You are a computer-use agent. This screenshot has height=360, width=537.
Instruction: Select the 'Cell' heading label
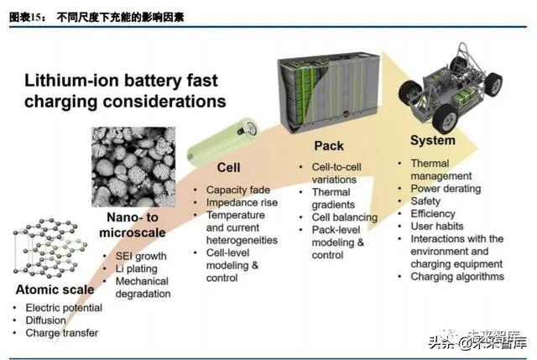pyautogui.click(x=227, y=168)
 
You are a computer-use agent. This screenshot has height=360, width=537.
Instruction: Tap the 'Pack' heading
pyautogui.click(x=329, y=146)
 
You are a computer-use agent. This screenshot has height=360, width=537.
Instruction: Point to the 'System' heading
pyautogui.click(x=433, y=140)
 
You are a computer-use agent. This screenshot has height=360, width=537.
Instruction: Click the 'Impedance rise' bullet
pyautogui.click(x=243, y=202)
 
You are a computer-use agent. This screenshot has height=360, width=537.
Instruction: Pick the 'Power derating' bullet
pyautogui.click(x=446, y=189)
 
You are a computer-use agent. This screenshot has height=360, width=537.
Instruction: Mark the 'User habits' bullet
pyautogui.click(x=439, y=227)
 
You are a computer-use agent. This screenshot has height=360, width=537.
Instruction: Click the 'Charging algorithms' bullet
pyautogui.click(x=457, y=277)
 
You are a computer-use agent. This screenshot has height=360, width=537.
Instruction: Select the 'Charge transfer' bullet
pyautogui.click(x=61, y=333)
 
